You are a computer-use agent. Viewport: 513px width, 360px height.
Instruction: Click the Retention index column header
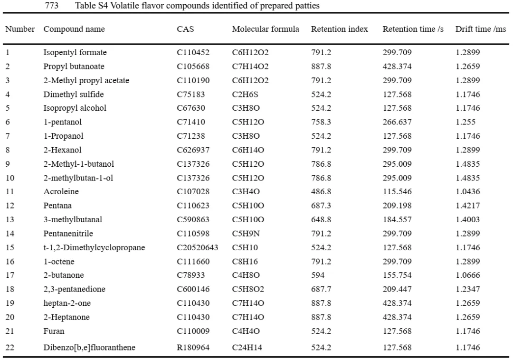click(339, 29)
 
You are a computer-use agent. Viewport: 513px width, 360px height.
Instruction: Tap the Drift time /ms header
click(481, 29)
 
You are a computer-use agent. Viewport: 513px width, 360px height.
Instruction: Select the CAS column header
click(185, 29)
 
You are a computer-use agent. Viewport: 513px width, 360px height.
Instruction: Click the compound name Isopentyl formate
click(75, 52)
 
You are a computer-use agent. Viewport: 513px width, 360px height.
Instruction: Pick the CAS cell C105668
click(193, 66)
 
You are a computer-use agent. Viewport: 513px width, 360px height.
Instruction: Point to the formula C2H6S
click(245, 95)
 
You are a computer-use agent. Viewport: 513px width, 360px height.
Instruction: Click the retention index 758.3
click(321, 122)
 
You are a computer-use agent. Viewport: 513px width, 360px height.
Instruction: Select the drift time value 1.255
click(465, 122)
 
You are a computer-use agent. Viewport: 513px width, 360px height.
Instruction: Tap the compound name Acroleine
click(61, 191)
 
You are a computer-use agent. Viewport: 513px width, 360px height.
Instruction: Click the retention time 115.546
click(397, 191)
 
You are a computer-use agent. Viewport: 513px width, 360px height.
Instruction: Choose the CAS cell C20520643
click(197, 247)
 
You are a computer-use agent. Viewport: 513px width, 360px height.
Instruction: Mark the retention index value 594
click(318, 275)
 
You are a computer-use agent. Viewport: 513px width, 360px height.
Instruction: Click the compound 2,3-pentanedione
click(74, 289)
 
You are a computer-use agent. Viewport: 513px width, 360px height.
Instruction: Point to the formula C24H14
click(247, 347)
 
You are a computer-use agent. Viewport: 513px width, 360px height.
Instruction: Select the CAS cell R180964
click(193, 347)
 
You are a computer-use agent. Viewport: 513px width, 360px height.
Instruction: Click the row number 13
click(10, 219)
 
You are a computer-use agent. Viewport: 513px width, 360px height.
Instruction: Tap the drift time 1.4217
click(468, 206)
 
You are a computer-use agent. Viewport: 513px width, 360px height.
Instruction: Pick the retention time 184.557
click(397, 219)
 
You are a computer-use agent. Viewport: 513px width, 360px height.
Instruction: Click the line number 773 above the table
click(52, 6)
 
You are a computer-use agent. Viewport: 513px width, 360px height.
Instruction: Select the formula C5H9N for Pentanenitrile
click(246, 234)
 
